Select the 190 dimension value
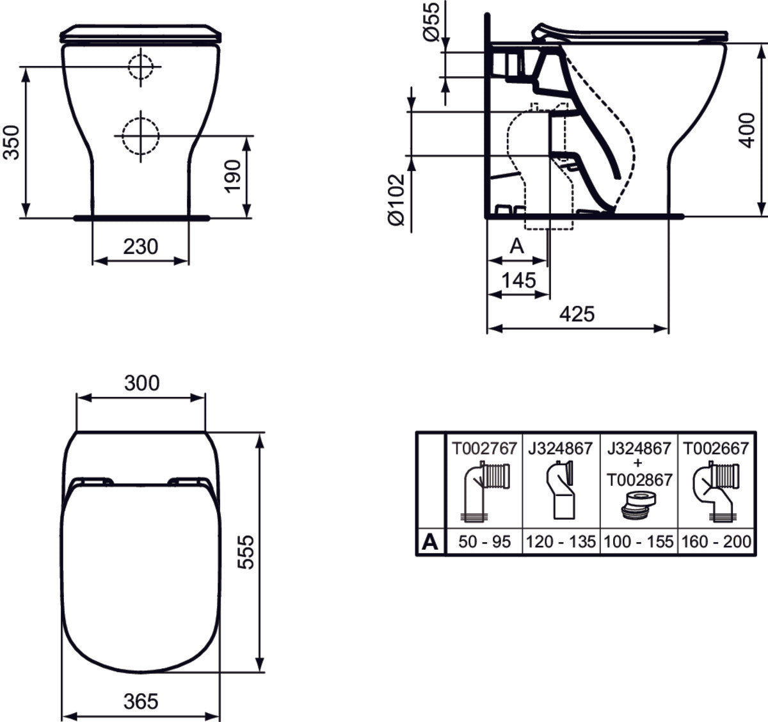[234, 175]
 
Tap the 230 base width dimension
[140, 246]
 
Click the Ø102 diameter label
[397, 199]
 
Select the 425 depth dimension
[577, 314]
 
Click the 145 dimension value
[518, 280]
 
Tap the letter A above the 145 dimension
[516, 246]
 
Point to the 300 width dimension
[141, 383]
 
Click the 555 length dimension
[245, 552]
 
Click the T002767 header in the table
[484, 448]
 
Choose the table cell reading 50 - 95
[484, 541]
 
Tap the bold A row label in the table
[431, 542]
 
